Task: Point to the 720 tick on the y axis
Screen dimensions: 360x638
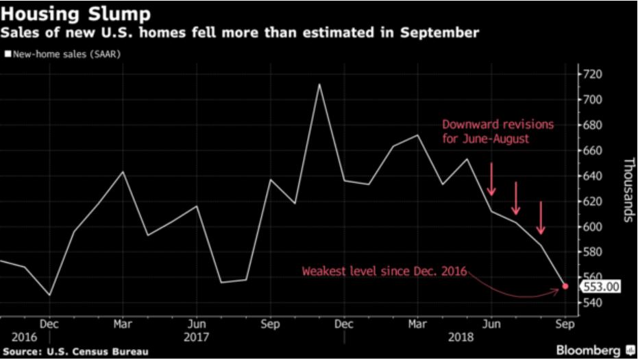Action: tap(593, 74)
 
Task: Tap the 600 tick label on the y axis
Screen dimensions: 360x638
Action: tap(593, 227)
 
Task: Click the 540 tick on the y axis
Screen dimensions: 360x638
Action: tap(593, 303)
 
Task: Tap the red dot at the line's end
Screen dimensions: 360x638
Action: tap(565, 286)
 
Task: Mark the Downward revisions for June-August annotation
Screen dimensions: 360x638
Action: tap(498, 131)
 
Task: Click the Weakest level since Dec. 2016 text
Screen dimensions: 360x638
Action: tap(384, 272)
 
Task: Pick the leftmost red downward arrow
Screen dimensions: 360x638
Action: tap(491, 180)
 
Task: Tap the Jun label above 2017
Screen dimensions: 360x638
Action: tap(197, 323)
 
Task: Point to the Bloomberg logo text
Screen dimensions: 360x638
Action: tap(588, 350)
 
